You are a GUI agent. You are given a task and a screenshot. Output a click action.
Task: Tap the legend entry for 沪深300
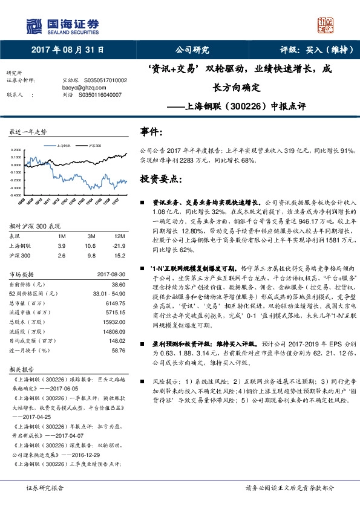[96, 146]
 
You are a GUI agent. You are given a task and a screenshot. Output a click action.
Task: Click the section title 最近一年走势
[28, 132]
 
